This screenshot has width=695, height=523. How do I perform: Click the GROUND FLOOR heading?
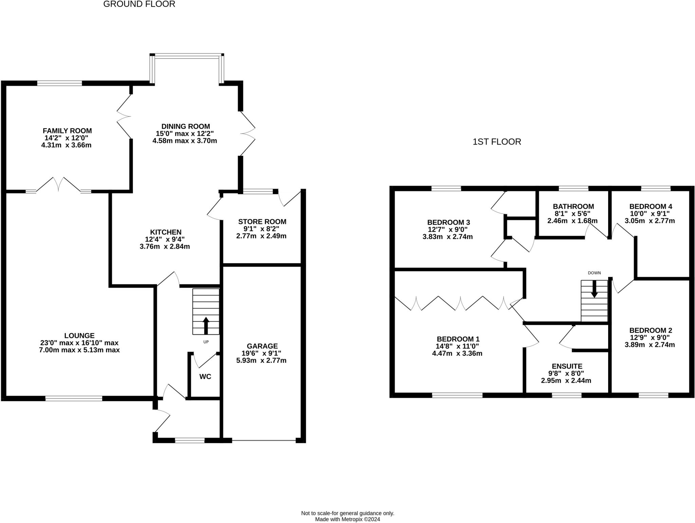(139, 4)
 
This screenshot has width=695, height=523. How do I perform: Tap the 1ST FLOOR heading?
(497, 142)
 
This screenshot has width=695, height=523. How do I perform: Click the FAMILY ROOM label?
(67, 131)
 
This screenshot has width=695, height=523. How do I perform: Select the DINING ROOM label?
(186, 127)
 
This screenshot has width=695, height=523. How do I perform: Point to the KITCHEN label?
(166, 232)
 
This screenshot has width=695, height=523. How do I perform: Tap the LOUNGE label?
(79, 336)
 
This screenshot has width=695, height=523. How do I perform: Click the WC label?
(205, 376)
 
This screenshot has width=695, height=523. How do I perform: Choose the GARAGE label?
(262, 346)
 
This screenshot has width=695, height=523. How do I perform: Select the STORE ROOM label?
(262, 222)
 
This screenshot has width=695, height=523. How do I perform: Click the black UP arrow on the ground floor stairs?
(206, 326)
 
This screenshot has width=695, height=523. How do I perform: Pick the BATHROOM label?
(574, 206)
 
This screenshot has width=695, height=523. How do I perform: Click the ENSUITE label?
(567, 366)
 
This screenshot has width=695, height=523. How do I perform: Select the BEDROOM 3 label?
(449, 222)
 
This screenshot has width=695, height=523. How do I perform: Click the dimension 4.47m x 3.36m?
(457, 353)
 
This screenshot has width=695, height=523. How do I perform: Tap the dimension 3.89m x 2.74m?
(650, 345)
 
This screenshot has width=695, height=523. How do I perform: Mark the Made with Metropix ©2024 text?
(347, 519)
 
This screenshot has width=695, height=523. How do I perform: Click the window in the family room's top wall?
(60, 83)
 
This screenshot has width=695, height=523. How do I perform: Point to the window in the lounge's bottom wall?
(74, 398)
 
